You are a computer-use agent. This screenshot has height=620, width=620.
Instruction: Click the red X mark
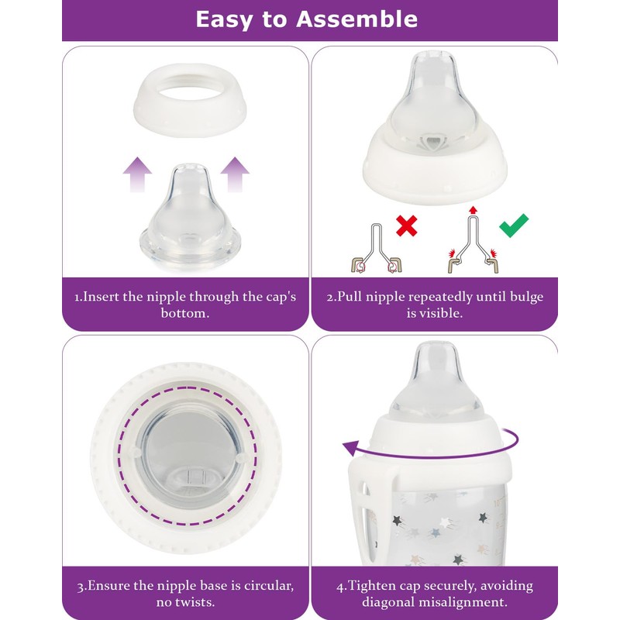406,226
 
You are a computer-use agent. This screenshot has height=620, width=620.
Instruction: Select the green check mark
513,226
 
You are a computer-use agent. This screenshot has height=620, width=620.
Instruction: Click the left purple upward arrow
137,173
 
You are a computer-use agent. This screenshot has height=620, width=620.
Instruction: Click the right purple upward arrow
233,173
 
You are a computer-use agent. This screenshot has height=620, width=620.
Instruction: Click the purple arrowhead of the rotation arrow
350,447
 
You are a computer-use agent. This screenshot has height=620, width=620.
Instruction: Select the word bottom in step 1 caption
185,315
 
